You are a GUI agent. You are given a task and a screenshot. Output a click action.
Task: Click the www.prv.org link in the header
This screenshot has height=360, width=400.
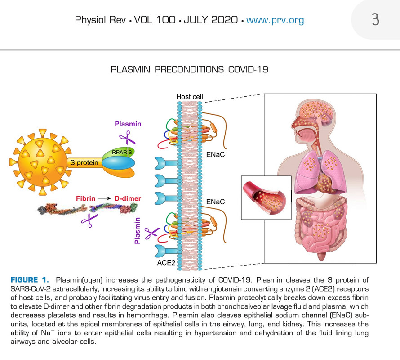pyautogui.click(x=275, y=20)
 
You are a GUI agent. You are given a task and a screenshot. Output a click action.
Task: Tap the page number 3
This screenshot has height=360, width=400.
pyautogui.click(x=375, y=20)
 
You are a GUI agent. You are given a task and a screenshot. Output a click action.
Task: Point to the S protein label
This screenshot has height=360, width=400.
pyautogui.click(x=84, y=162)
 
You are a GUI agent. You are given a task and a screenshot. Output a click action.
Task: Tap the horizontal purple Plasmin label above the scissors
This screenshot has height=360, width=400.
pyautogui.click(x=128, y=124)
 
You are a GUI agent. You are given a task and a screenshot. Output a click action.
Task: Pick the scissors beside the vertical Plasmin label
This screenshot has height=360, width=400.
pyautogui.click(x=152, y=233)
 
